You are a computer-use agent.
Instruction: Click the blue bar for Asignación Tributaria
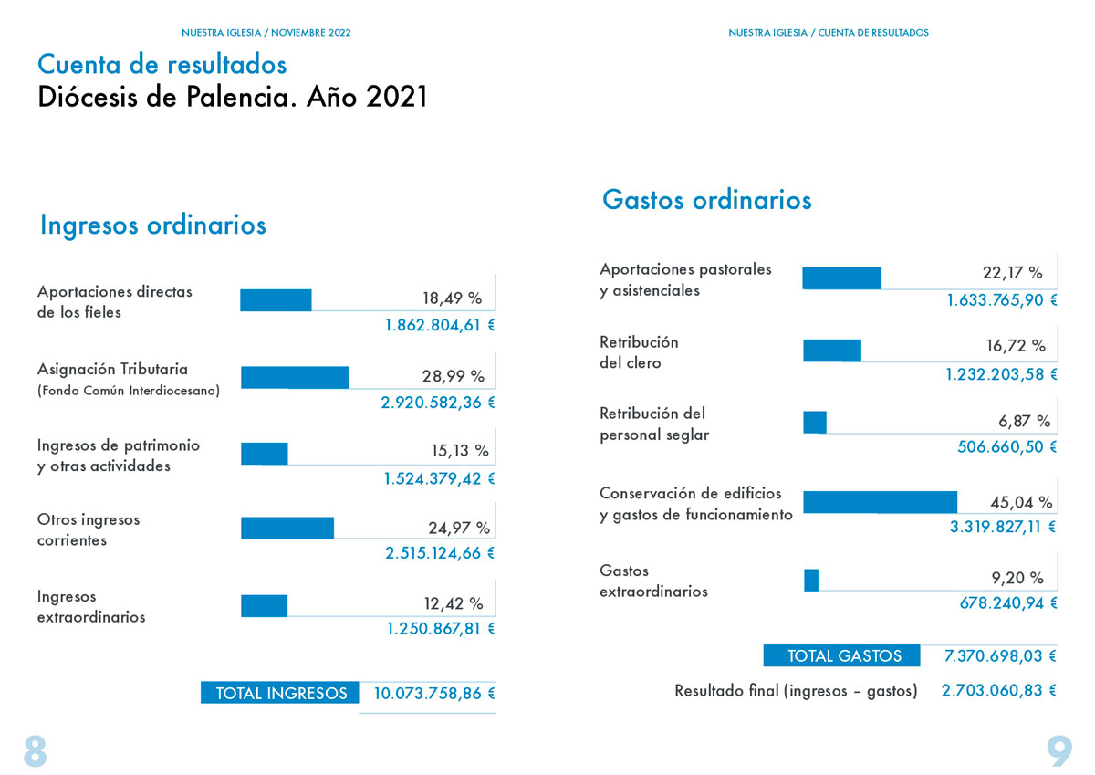pyautogui.click(x=295, y=378)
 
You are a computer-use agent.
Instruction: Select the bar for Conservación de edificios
pyautogui.click(x=880, y=502)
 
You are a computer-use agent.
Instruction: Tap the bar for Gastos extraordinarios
pyautogui.click(x=811, y=580)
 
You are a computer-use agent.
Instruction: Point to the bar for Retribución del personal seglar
pyautogui.click(x=815, y=423)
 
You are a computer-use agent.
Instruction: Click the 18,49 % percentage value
pyautogui.click(x=453, y=298)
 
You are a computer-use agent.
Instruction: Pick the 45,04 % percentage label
pyautogui.click(x=1021, y=502)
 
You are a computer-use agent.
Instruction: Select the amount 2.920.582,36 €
pyautogui.click(x=438, y=403)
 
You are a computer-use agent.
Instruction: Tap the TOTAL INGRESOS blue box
pyautogui.click(x=279, y=692)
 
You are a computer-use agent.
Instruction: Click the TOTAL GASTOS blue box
pyautogui.click(x=841, y=655)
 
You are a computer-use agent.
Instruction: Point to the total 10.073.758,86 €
pyautogui.click(x=434, y=694)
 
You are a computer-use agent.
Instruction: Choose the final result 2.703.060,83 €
pyautogui.click(x=998, y=690)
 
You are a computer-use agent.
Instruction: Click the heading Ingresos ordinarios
pyautogui.click(x=153, y=225)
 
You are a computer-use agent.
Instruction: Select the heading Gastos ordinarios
pyautogui.click(x=707, y=200)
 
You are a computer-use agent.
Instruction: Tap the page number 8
pyautogui.click(x=36, y=751)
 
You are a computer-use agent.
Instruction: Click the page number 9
pyautogui.click(x=1059, y=751)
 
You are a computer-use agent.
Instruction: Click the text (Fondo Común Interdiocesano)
pyautogui.click(x=129, y=391)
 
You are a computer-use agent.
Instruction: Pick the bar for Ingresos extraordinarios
pyautogui.click(x=264, y=606)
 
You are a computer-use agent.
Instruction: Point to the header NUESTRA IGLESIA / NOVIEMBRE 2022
pyautogui.click(x=266, y=33)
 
